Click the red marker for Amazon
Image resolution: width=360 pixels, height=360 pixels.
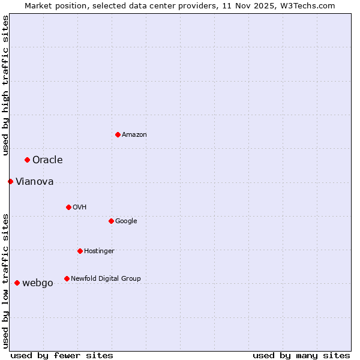118,134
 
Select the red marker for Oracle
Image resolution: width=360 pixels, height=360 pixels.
27,160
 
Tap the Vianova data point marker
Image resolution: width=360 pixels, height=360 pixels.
10,181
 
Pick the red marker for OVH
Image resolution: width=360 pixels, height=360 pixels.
68,207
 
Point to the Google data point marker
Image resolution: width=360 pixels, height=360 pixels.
111,221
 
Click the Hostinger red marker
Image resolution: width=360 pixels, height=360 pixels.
80,251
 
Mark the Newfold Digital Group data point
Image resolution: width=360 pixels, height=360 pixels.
67,278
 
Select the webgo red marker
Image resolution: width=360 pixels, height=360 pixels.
17,283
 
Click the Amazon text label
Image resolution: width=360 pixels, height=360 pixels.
134,134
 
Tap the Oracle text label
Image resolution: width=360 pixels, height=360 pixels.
47,160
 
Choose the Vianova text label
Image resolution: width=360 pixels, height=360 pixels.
34,181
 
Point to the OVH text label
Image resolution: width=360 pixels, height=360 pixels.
80,207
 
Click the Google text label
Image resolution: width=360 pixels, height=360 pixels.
126,221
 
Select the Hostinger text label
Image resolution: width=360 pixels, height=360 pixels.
99,251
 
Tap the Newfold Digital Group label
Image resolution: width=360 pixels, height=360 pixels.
106,278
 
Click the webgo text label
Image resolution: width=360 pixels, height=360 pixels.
37,283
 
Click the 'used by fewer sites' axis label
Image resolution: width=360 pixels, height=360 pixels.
62,355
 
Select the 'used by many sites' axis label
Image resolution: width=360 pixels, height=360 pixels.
301,355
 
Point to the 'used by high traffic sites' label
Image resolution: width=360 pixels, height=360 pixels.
5,85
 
